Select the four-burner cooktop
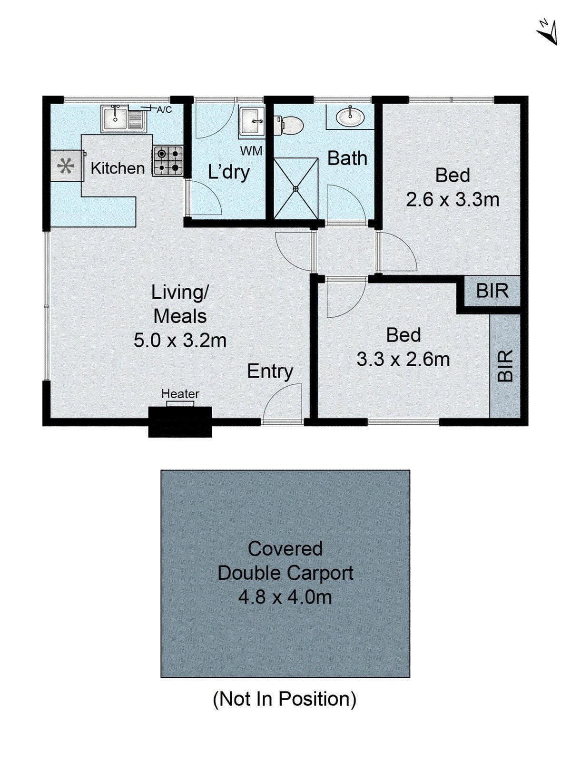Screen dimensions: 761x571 tap(168, 161)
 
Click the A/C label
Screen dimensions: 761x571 tap(164, 110)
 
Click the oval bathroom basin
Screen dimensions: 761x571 tap(350, 117)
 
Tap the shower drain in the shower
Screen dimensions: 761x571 tap(295, 189)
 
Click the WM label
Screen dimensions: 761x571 tap(251, 151)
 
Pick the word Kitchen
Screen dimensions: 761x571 tap(118, 168)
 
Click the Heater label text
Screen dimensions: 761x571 tap(180, 394)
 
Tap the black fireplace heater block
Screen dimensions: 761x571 tap(180, 421)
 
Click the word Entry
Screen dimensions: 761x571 tap(270, 371)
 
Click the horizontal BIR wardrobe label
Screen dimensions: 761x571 tap(492, 291)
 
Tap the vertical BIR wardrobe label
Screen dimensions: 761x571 tap(505, 366)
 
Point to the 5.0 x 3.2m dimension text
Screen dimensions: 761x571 tap(180, 341)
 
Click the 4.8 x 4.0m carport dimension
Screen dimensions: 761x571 tap(285, 597)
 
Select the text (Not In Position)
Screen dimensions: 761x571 tap(285, 699)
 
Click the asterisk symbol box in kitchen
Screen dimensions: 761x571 tap(66, 166)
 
